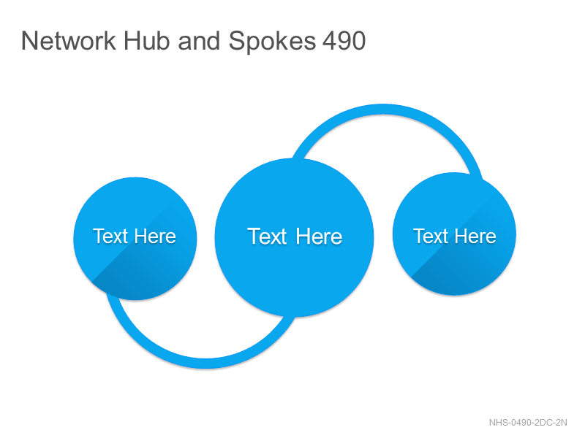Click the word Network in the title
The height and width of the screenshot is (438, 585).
(x=69, y=40)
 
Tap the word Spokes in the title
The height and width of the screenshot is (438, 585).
(x=272, y=41)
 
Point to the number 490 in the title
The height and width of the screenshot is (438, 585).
(x=344, y=40)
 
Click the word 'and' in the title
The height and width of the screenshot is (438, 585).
(x=199, y=40)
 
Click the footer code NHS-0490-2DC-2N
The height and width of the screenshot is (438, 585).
(x=528, y=423)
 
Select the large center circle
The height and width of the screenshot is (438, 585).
(x=295, y=238)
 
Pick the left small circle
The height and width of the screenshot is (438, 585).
(x=135, y=239)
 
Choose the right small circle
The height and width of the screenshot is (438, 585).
(x=454, y=234)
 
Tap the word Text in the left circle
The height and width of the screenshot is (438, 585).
(x=110, y=236)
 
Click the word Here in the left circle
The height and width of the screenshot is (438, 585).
(x=155, y=236)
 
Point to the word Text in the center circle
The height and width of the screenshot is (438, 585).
(x=267, y=236)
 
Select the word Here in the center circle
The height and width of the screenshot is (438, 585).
(x=320, y=236)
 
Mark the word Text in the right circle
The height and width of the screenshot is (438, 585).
(x=431, y=236)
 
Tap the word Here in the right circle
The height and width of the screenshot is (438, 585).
(x=475, y=236)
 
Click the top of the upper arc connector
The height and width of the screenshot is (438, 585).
(x=383, y=109)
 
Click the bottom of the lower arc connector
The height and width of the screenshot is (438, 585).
(x=206, y=363)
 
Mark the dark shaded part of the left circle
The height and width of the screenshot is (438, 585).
(x=149, y=276)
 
